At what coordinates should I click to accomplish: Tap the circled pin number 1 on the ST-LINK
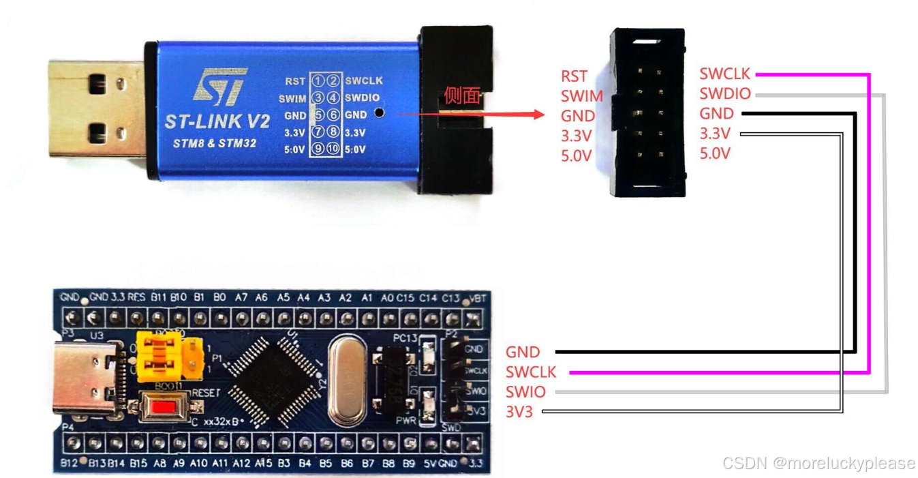(318, 81)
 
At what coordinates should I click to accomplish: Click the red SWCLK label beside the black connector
(725, 74)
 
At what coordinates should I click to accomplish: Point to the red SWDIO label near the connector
(725, 93)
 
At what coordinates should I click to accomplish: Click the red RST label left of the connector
(574, 76)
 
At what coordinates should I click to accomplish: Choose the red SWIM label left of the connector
(581, 96)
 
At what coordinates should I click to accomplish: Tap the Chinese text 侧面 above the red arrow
(462, 96)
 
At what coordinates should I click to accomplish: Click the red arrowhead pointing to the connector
(538, 115)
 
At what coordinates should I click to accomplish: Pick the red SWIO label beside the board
(525, 392)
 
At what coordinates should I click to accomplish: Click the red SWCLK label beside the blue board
(531, 372)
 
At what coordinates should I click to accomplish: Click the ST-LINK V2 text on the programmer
(217, 121)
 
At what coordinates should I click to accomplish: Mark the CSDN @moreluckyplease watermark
(818, 464)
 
